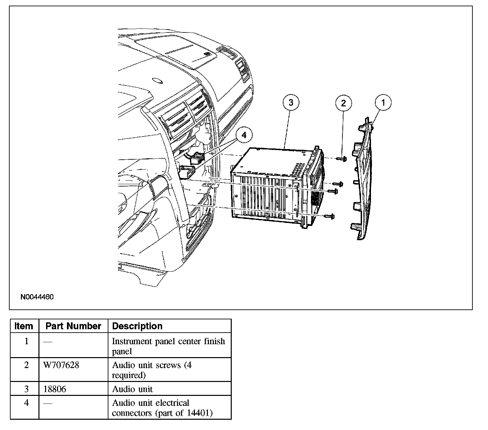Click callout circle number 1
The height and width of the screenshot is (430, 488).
click(383, 102)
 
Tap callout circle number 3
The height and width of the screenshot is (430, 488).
click(291, 102)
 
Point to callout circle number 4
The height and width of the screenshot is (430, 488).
click(244, 135)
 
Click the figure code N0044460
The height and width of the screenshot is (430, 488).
click(37, 297)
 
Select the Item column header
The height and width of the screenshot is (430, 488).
click(24, 326)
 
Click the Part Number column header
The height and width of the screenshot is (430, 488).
click(73, 326)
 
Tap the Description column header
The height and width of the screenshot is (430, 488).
click(137, 326)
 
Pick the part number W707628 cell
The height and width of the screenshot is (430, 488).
click(61, 365)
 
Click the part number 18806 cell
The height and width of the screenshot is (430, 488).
click(55, 389)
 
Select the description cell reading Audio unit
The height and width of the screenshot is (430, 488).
click(132, 389)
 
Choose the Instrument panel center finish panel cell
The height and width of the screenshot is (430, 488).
click(168, 346)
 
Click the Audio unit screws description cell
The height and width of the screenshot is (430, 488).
click(152, 370)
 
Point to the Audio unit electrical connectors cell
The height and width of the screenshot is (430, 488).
click(162, 408)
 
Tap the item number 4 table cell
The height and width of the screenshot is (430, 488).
click(27, 403)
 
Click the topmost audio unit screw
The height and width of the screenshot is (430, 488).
click(342, 159)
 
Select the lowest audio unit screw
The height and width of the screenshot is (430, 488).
click(331, 216)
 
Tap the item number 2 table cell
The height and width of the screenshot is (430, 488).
click(27, 365)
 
